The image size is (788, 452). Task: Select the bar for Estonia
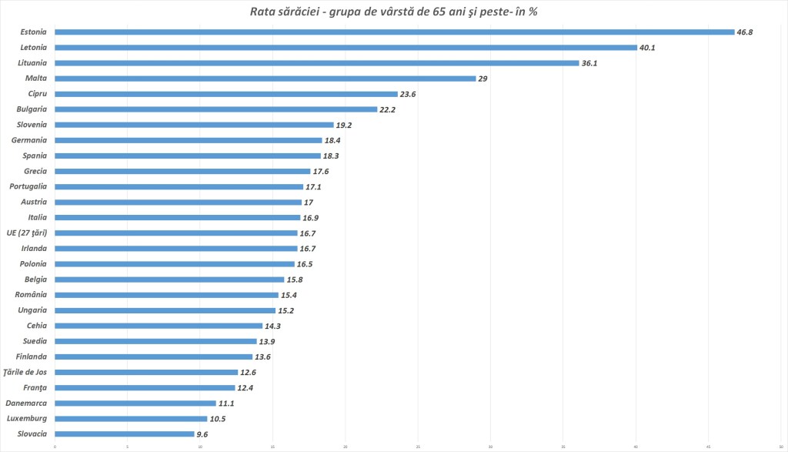click(x=394, y=32)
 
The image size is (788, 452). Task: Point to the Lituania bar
click(x=316, y=63)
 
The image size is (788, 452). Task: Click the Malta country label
click(x=35, y=79)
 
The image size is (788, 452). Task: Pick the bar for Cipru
click(x=225, y=94)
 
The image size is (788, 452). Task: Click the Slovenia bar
click(x=194, y=125)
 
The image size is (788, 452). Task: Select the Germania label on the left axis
click(x=29, y=140)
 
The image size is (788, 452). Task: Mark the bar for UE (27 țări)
click(x=175, y=233)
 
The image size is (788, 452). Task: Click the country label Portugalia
click(x=28, y=186)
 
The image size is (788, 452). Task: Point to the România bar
click(x=166, y=295)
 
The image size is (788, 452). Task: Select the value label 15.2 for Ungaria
click(x=286, y=310)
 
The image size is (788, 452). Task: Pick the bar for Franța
click(x=145, y=387)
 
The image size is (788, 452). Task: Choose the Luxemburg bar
click(x=131, y=418)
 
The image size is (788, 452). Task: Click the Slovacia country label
click(x=31, y=434)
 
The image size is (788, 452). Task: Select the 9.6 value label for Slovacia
click(x=202, y=434)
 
